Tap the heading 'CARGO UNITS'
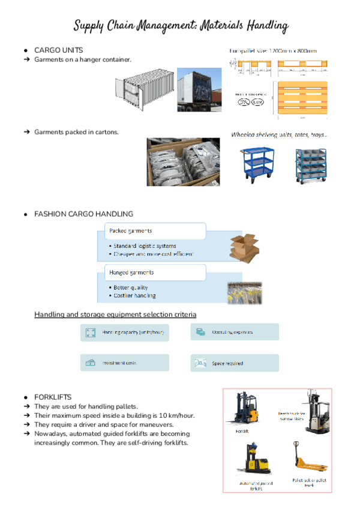click(x=59, y=50)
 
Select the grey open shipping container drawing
click(x=144, y=89)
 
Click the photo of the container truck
click(x=200, y=89)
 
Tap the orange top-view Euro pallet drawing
click(x=301, y=98)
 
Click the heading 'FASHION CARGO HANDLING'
click(x=83, y=214)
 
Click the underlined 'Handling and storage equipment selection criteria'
click(x=115, y=314)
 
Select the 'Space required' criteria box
click(x=235, y=363)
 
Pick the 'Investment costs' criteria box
click(x=124, y=363)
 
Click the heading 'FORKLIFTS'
click(x=53, y=397)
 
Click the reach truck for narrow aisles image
click(x=314, y=412)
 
